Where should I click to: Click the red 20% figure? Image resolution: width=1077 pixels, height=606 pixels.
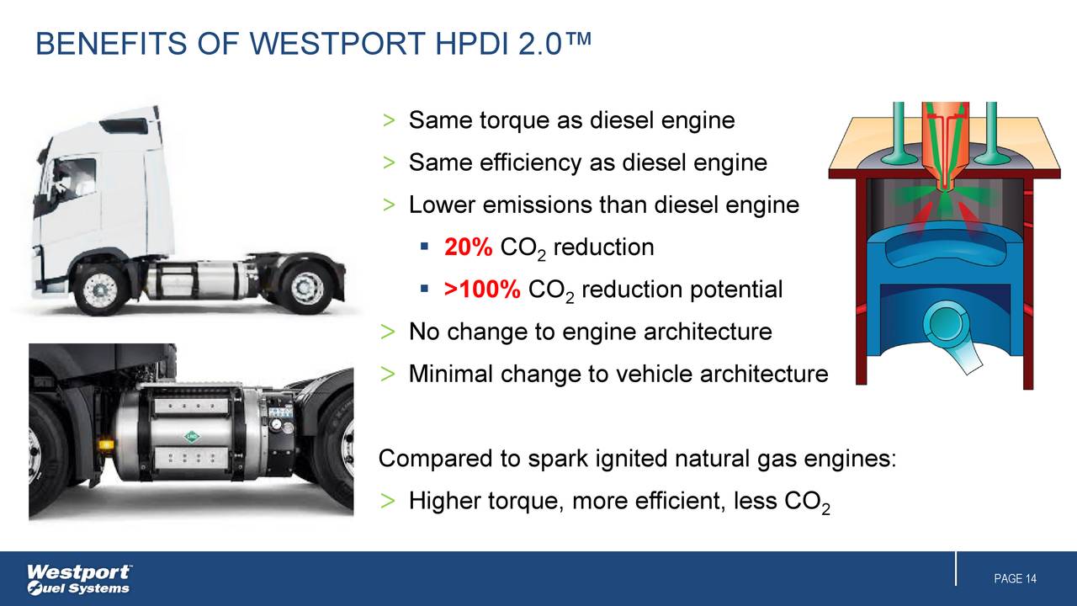468,247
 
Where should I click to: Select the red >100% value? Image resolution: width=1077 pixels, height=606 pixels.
482,290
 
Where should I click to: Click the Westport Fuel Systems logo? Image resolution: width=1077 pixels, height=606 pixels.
79,578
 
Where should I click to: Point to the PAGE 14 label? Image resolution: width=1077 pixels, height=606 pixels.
1015,579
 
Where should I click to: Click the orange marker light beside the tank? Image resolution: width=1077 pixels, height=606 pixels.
106,444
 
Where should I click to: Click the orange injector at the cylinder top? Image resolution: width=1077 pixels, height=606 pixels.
947,143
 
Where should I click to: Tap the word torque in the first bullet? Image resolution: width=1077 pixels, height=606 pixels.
515,121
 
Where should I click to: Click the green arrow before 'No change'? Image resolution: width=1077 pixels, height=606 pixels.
388,332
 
